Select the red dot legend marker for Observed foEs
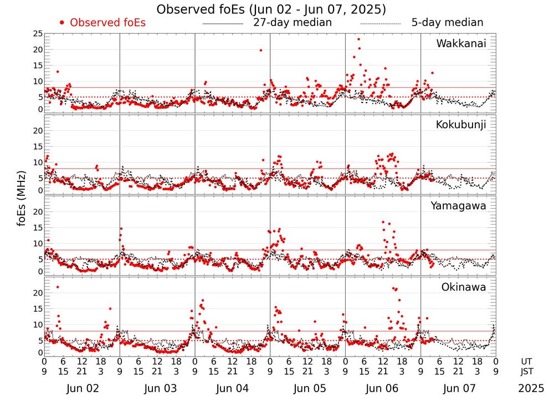click(62, 23)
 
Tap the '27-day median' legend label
click(293, 23)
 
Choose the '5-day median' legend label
click(447, 23)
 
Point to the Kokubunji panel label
click(461, 125)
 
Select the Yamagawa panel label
click(459, 206)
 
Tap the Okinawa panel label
click(464, 287)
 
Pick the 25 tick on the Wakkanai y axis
click(38, 34)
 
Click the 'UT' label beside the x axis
click(527, 360)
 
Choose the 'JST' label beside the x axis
click(527, 370)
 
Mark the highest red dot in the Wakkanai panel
click(358, 39)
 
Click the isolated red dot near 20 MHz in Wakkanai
click(261, 50)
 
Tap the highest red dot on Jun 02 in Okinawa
click(58, 287)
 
